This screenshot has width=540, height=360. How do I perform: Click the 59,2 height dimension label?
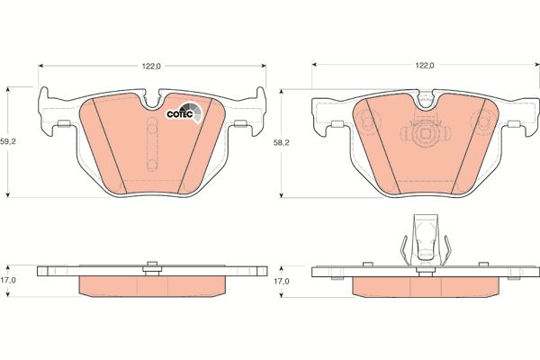pyautogui.click(x=7, y=141)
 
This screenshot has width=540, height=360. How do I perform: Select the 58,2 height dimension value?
pyautogui.click(x=282, y=143)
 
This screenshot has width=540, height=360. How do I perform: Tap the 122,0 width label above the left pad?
pyautogui.click(x=152, y=67)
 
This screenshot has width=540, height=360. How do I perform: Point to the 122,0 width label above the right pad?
pyautogui.click(x=425, y=66)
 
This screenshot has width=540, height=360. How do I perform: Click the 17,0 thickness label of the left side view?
pyautogui.click(x=8, y=280)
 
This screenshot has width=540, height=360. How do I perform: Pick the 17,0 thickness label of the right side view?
pyautogui.click(x=282, y=282)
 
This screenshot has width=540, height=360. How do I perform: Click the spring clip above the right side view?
pyautogui.click(x=426, y=240)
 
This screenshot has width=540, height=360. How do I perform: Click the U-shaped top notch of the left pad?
pyautogui.click(x=152, y=101)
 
